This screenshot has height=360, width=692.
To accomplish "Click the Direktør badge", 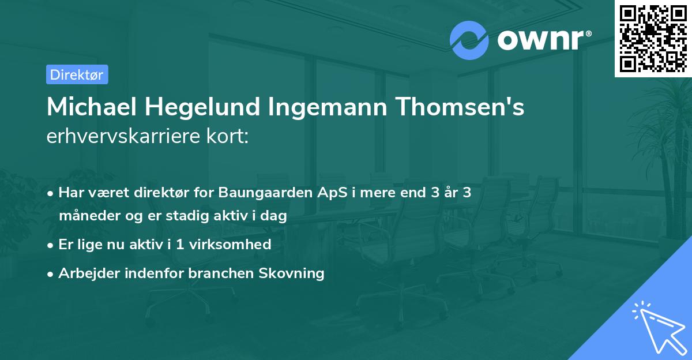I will (x=77, y=74).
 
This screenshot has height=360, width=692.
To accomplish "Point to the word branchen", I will (x=222, y=273).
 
